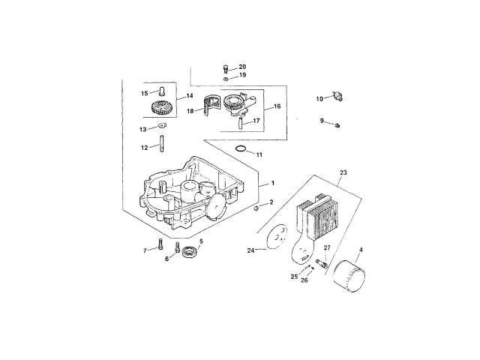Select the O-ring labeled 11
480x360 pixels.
[240, 149]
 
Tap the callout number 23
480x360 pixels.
[343, 172]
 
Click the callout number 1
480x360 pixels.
[273, 183]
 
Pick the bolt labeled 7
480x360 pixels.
[160, 244]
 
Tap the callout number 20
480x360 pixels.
[241, 67]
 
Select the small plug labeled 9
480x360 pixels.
[337, 124]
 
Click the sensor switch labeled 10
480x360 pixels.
[337, 96]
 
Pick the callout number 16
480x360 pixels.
[277, 106]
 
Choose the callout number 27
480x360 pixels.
[326, 247]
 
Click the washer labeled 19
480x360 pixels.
[226, 77]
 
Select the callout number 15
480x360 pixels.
[145, 93]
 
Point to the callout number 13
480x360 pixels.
[142, 129]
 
